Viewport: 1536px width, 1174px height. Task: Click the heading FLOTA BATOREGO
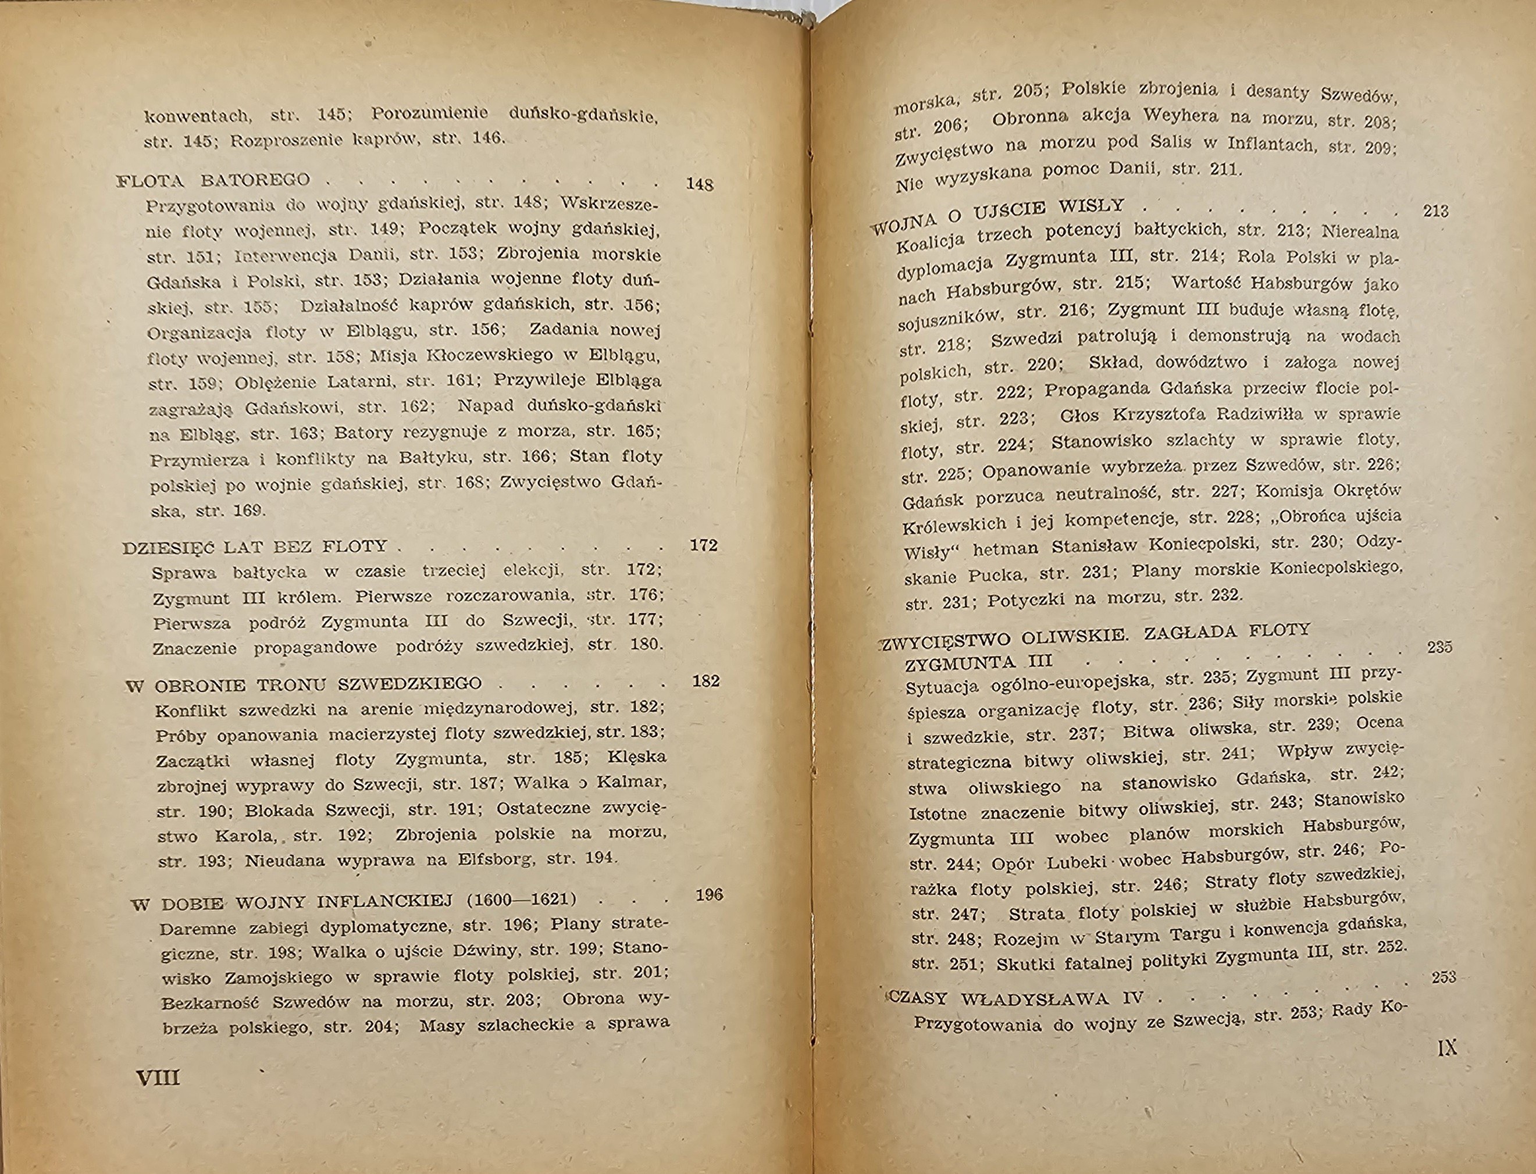click(x=213, y=180)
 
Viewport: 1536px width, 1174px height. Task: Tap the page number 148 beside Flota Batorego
click(x=699, y=184)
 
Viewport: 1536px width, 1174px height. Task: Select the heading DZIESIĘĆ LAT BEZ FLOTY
click(x=255, y=547)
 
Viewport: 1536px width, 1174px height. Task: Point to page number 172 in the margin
click(x=703, y=545)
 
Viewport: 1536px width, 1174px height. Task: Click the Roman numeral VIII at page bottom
click(x=159, y=1077)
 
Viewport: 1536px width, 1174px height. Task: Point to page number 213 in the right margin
click(x=1435, y=211)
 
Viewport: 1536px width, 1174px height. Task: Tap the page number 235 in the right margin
click(x=1439, y=647)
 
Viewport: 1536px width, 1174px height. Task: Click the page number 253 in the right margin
click(x=1444, y=977)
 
